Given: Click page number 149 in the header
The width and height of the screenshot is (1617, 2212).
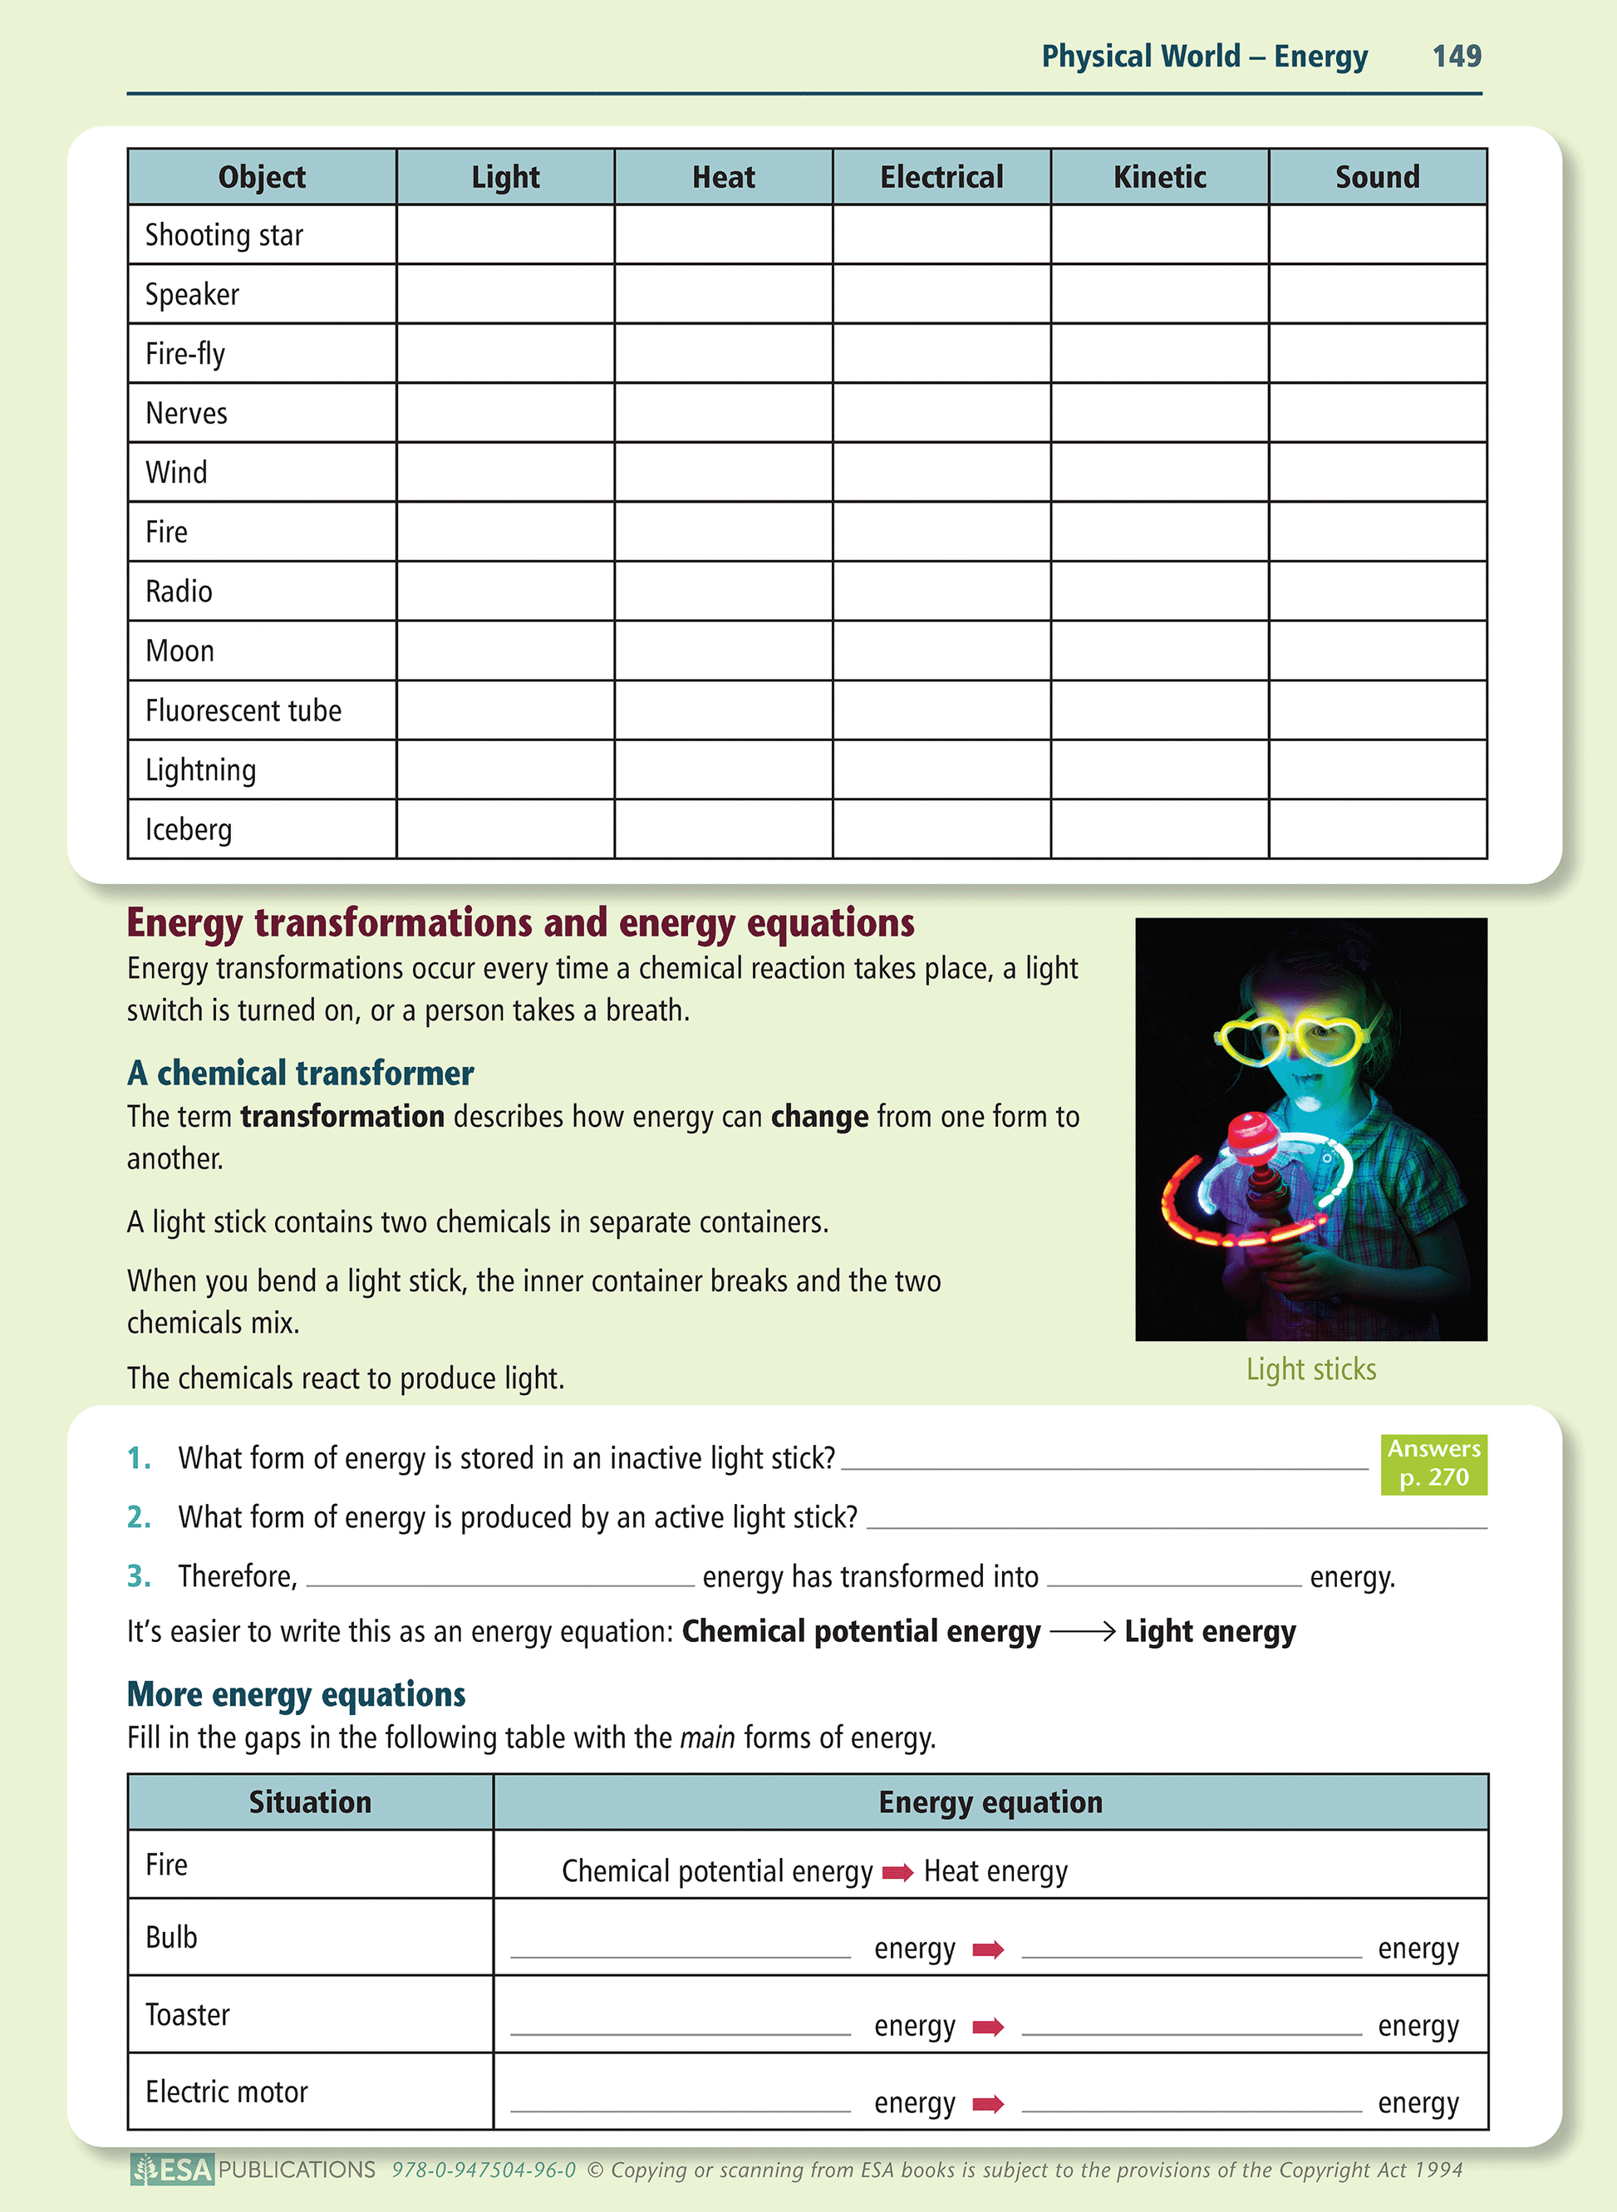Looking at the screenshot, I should (1456, 56).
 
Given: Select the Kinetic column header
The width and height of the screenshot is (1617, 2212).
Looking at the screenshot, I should (1159, 177).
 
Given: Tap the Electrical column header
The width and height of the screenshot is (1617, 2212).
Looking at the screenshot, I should (941, 177).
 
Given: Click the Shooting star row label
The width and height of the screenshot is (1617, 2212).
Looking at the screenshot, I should (224, 236).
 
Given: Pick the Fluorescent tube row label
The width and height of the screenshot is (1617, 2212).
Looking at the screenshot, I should (243, 710).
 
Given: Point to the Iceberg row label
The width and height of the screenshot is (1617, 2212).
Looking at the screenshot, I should (189, 830).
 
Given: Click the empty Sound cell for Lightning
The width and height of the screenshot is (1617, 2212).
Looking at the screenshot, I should (1377, 770).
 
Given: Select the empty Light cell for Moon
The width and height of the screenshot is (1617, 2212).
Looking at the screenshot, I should (505, 651).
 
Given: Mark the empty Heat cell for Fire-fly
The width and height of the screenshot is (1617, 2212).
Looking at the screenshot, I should (724, 353).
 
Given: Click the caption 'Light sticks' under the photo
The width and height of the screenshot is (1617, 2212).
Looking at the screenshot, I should (1310, 1369).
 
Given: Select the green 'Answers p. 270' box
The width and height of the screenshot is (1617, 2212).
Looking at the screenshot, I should (1433, 1463).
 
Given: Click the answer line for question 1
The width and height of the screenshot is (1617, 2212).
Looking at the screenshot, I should (1104, 1464).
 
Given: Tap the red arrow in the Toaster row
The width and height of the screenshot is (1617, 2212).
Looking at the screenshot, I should (988, 2027).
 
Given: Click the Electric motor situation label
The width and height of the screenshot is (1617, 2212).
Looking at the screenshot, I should (226, 2092).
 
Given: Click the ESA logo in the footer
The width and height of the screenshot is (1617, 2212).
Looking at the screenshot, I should (172, 2170).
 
